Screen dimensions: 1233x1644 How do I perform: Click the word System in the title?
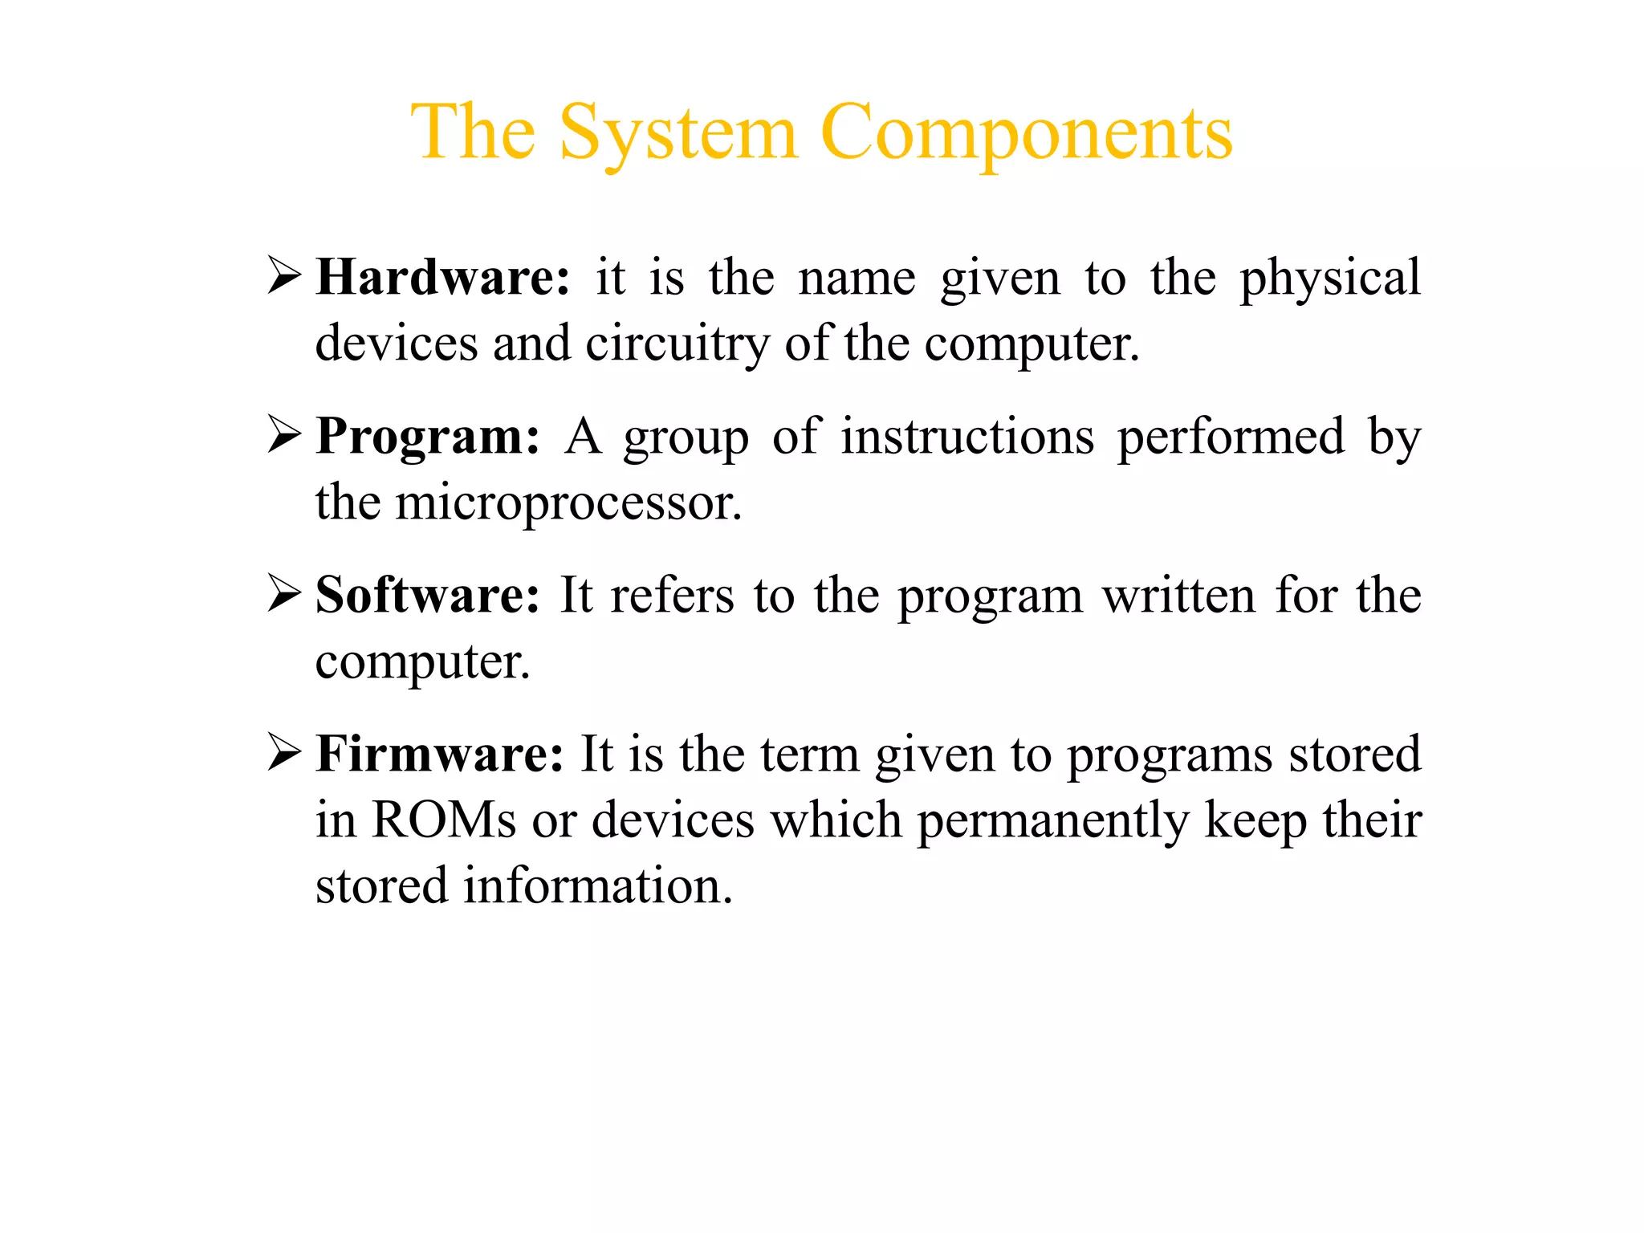point(678,133)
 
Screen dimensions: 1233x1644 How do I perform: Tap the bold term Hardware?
point(442,278)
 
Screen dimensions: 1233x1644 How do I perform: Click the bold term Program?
point(428,437)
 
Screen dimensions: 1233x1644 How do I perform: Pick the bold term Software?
point(427,596)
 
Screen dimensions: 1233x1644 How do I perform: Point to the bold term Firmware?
point(440,755)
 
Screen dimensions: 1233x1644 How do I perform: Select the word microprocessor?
point(568,504)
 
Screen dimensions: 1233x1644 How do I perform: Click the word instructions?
point(967,437)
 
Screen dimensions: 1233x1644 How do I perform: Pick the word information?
point(598,886)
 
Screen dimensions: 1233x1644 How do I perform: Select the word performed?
point(1231,438)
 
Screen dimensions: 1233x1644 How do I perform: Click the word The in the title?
point(474,133)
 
